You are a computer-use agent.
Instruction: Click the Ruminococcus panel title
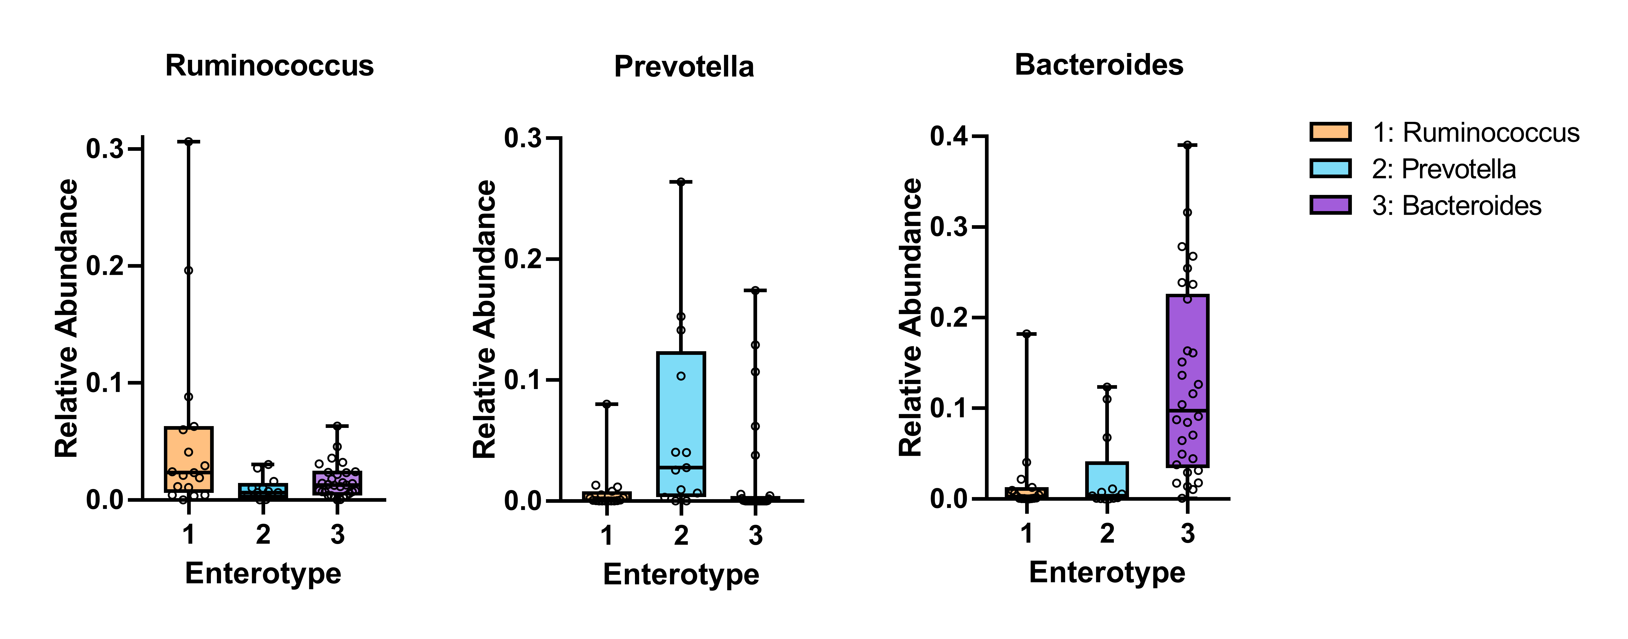pyautogui.click(x=269, y=66)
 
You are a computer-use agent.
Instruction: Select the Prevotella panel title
pyautogui.click(x=684, y=67)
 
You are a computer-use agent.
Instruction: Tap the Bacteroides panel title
pyautogui.click(x=1098, y=65)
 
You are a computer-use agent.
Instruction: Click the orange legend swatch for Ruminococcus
pyautogui.click(x=1330, y=132)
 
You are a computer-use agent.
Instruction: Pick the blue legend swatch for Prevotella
pyautogui.click(x=1330, y=169)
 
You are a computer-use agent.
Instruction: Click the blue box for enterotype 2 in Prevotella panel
pyautogui.click(x=681, y=423)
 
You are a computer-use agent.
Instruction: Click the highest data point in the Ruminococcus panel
pyautogui.click(x=188, y=142)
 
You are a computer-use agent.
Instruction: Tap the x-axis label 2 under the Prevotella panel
pyautogui.click(x=681, y=536)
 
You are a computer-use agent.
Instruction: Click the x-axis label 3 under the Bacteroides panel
pyautogui.click(x=1187, y=534)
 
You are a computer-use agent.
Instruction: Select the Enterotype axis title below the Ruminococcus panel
pyautogui.click(x=263, y=573)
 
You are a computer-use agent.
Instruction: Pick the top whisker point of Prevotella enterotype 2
pyautogui.click(x=681, y=182)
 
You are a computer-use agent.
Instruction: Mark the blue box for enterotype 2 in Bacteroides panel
pyautogui.click(x=1107, y=480)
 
